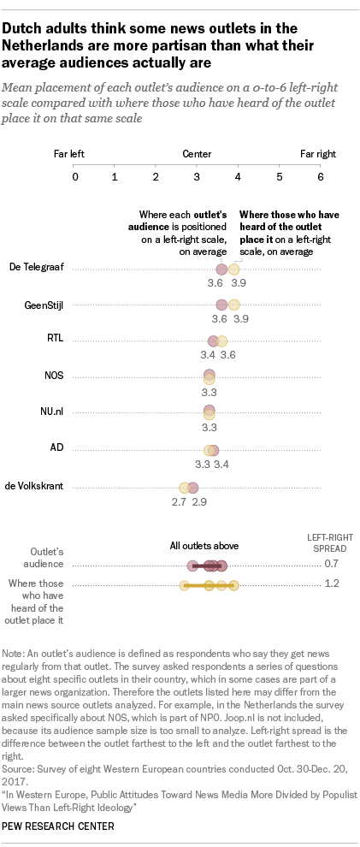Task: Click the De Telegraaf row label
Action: [x=36, y=269]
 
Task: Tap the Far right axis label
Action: [x=318, y=155]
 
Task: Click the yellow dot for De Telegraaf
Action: [x=233, y=269]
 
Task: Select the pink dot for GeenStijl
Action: [x=221, y=305]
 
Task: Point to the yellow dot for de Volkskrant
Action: [x=184, y=487]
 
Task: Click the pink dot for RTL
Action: [x=214, y=341]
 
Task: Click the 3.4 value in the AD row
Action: [x=221, y=465]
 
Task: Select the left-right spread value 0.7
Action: [x=333, y=565]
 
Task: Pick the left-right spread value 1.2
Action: [x=333, y=583]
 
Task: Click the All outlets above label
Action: [x=204, y=545]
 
